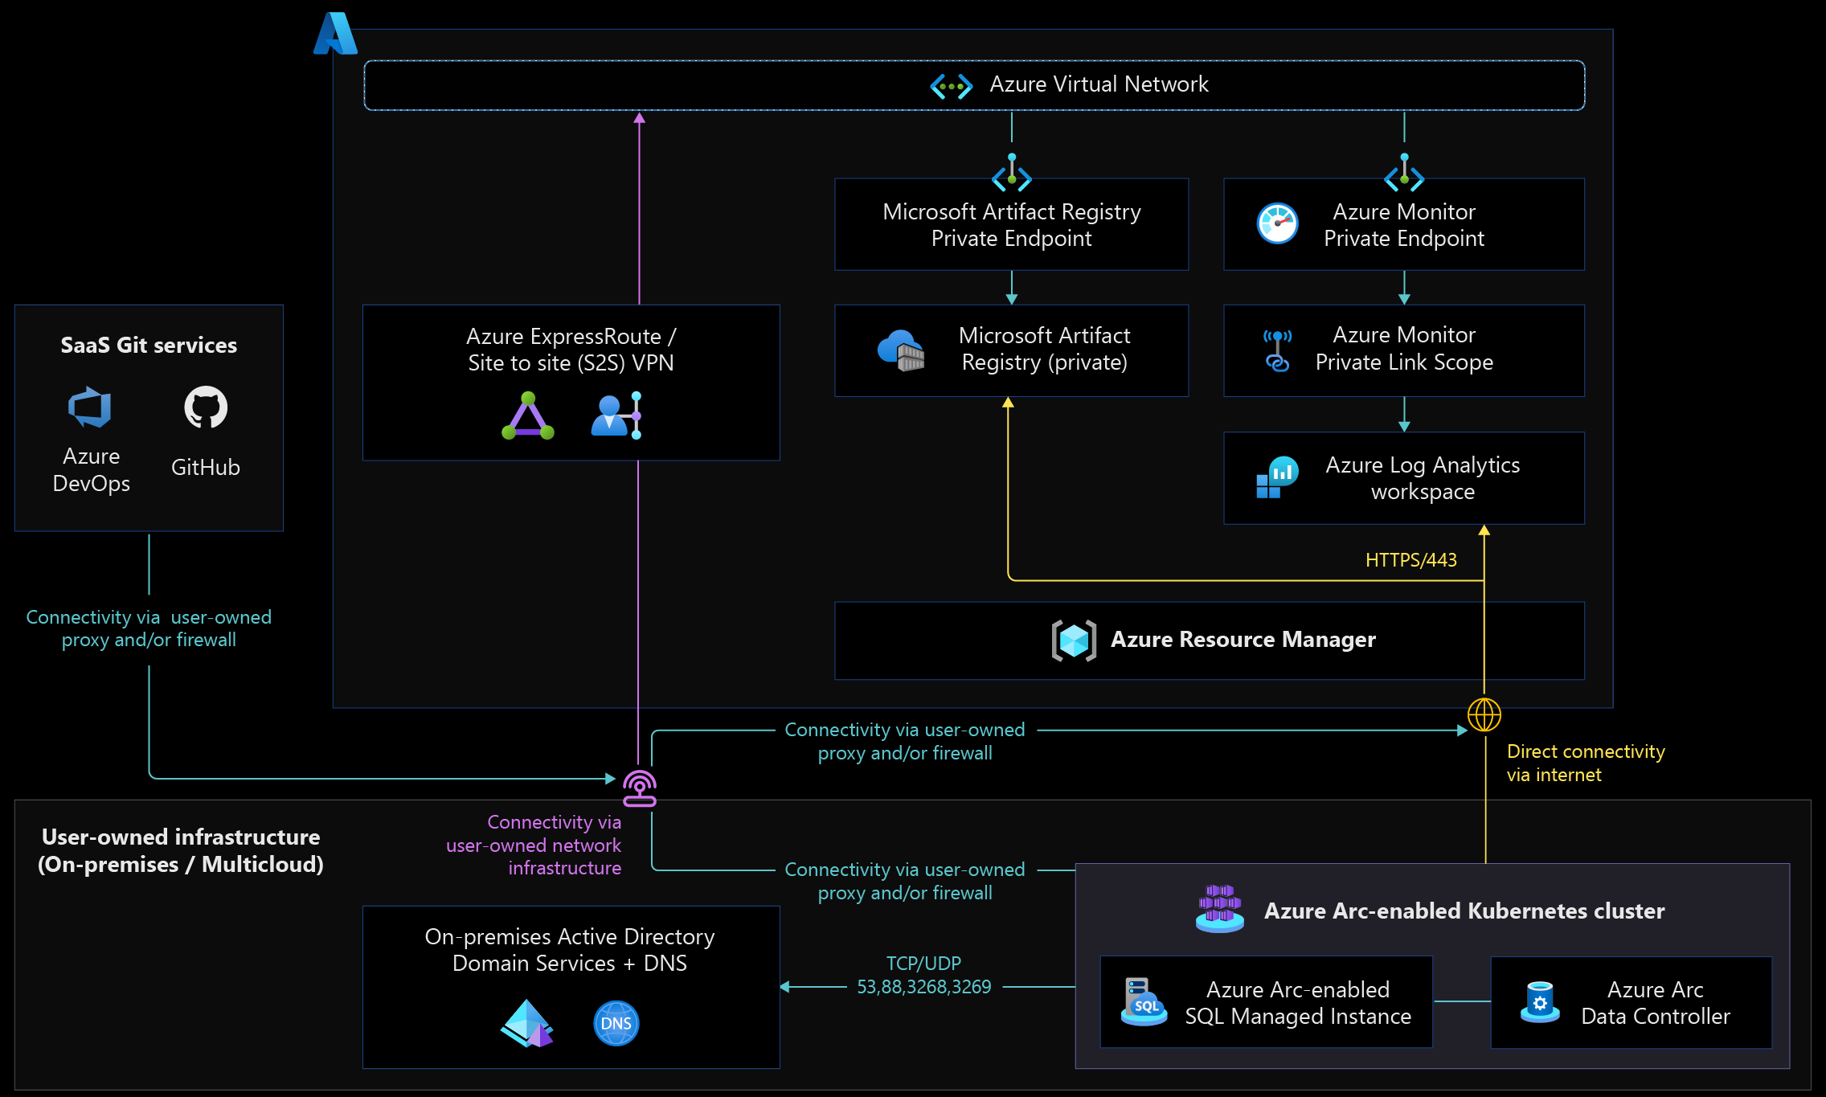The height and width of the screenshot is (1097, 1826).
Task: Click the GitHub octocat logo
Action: [x=206, y=407]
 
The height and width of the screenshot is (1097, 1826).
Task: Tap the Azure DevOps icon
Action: [x=90, y=407]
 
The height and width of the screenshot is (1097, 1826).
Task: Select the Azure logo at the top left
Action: [x=335, y=33]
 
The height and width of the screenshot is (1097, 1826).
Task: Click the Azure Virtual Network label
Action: [x=1099, y=84]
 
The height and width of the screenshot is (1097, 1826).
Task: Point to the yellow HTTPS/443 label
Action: [x=1411, y=560]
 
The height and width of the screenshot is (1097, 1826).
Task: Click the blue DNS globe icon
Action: [x=616, y=1023]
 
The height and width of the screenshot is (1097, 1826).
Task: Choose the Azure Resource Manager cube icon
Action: [x=1074, y=641]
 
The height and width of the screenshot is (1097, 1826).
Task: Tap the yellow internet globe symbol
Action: [x=1484, y=714]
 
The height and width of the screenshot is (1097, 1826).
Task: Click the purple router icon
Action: [x=640, y=788]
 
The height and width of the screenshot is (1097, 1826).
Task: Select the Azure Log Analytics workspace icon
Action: [x=1278, y=477]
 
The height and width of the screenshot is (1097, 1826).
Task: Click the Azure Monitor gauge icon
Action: [x=1278, y=223]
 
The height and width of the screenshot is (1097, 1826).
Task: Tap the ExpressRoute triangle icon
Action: [x=528, y=415]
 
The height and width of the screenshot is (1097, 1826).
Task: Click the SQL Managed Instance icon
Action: [x=1144, y=1001]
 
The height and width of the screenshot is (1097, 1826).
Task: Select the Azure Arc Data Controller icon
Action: [x=1540, y=1002]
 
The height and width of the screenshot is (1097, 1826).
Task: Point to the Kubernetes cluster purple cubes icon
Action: [x=1220, y=909]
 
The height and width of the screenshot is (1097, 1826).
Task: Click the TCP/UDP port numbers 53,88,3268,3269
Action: [x=924, y=987]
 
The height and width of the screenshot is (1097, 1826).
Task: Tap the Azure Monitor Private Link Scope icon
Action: [x=1278, y=350]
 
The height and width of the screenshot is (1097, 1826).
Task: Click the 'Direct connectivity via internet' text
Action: [x=1586, y=763]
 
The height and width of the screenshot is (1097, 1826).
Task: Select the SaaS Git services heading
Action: [x=149, y=345]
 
